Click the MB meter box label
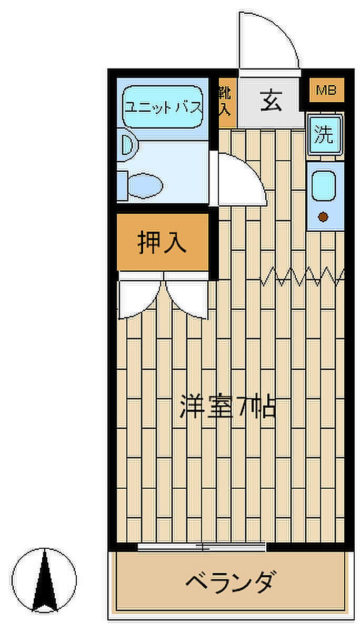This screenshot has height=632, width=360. (326, 90)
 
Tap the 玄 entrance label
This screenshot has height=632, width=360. (271, 101)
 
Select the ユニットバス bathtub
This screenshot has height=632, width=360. (163, 107)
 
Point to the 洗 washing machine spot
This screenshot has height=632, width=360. (325, 135)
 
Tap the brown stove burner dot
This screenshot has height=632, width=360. (323, 216)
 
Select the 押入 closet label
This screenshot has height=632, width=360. (162, 242)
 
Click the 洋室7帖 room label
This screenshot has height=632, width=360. (228, 406)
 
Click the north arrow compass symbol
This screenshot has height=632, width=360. (44, 580)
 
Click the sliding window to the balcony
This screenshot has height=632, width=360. (202, 547)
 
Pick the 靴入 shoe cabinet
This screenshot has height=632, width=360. (227, 102)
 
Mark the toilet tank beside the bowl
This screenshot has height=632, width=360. (122, 185)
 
